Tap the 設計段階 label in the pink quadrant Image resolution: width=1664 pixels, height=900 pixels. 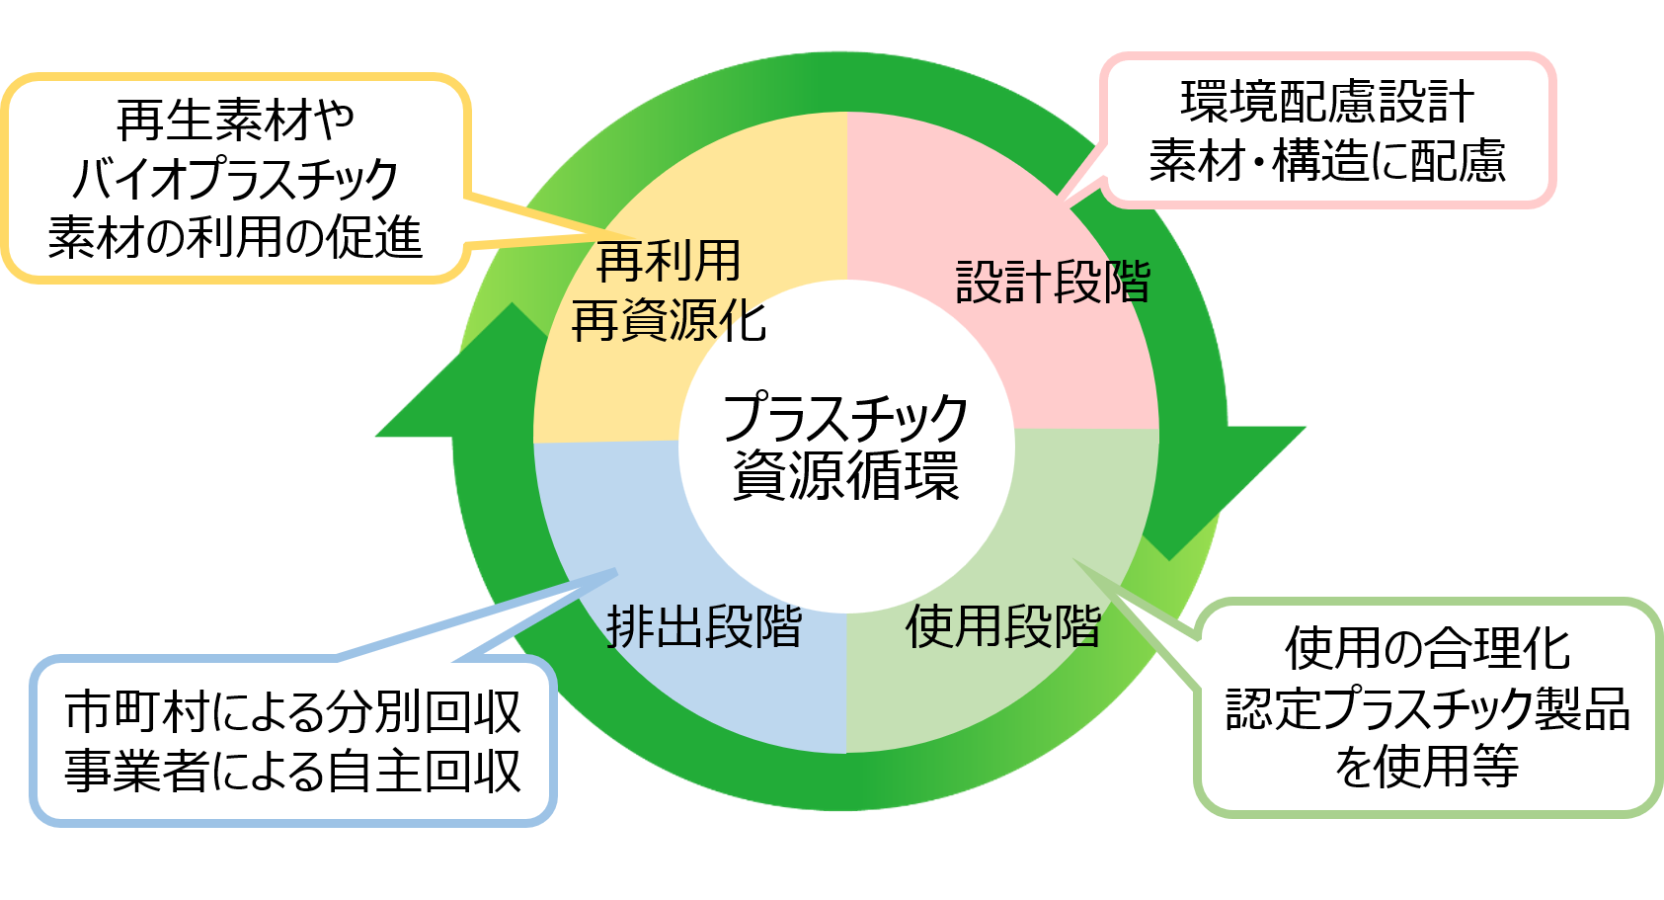pos(1053,283)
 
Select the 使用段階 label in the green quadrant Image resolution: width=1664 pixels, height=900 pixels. pos(1003,626)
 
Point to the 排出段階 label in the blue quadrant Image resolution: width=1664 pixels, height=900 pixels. pos(703,626)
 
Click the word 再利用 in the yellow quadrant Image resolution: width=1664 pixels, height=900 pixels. pos(669,263)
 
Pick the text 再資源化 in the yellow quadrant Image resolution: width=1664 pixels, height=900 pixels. pos(669,322)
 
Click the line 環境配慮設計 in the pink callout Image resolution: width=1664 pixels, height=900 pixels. pos(1327,102)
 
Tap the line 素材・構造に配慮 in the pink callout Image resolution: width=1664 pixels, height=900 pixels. pos(1327,161)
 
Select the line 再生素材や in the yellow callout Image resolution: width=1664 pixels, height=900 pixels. pos(235,121)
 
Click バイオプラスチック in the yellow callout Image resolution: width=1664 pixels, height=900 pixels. pos(235,179)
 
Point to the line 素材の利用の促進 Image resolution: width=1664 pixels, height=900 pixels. pos(235,238)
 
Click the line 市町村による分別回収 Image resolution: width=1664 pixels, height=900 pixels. pos(292,712)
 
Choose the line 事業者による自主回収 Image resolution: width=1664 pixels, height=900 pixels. pos(292,772)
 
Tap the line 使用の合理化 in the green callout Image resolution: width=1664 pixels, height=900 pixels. pos(1427,649)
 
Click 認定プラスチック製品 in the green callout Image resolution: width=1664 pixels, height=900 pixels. pos(1427,708)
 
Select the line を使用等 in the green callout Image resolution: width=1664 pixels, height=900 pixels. pos(1427,767)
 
